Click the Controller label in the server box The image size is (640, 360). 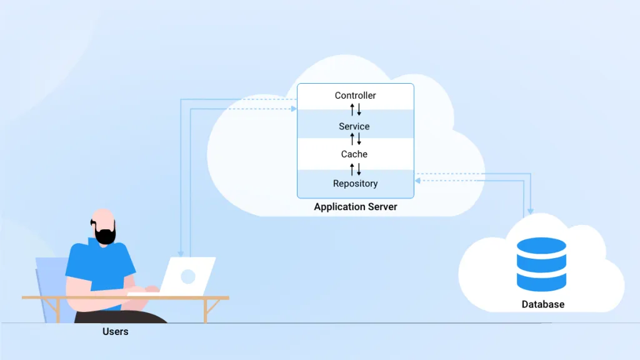355,96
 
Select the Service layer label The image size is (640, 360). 354,126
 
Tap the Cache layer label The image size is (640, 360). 354,154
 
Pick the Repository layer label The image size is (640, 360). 355,184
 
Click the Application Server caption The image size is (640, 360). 355,207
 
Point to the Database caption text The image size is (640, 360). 542,305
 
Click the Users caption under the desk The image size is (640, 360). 115,332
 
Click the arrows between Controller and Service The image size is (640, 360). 355,110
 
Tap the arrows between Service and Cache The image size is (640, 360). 355,139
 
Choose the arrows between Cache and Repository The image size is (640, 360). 355,169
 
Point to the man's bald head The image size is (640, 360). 103,216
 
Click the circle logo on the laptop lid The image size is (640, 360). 187,276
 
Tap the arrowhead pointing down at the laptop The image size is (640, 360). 180,253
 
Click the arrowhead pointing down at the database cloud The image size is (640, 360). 530,211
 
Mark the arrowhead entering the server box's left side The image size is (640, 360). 294,109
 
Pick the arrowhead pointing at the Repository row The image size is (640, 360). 417,181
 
